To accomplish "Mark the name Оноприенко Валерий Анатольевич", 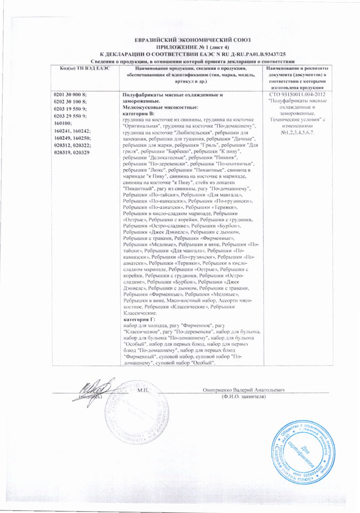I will (x=244, y=390).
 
